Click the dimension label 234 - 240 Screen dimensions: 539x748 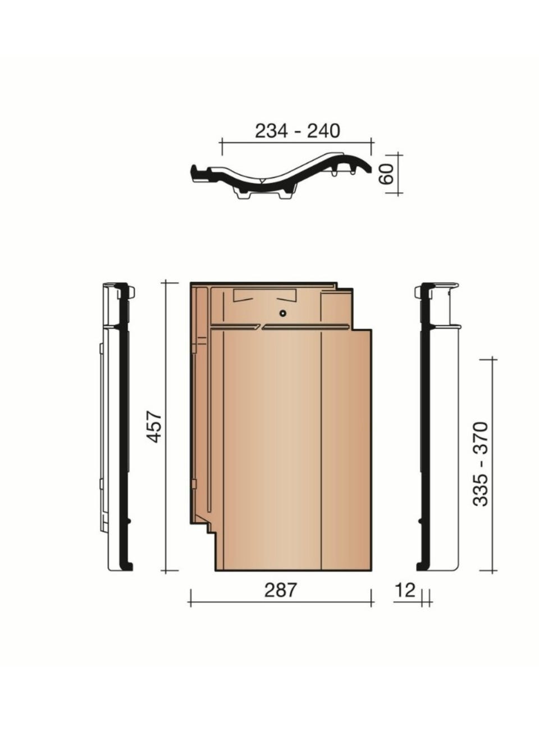[x=298, y=131]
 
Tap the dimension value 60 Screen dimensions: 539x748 [x=387, y=174]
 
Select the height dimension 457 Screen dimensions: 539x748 [x=154, y=427]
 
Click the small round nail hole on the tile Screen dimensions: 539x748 [x=283, y=313]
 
